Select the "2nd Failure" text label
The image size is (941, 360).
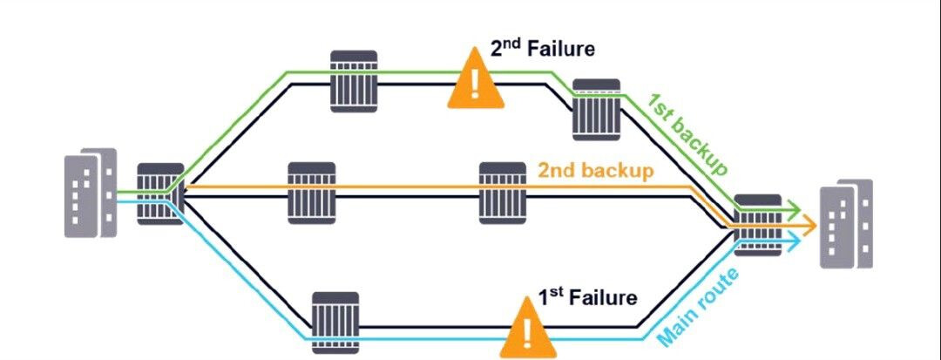[x=542, y=48]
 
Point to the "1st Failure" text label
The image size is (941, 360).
[x=587, y=297]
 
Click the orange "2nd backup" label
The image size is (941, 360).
[x=596, y=170]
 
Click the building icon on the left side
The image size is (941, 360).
[x=90, y=193]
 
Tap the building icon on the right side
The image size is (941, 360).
[x=844, y=225]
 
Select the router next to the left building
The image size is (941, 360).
[x=160, y=194]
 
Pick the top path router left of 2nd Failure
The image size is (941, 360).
[x=355, y=81]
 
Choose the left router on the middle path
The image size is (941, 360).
[x=312, y=192]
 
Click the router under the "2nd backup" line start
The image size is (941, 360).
[x=504, y=192]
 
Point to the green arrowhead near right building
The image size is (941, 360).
[x=794, y=210]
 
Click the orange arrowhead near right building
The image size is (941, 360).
[x=809, y=226]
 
